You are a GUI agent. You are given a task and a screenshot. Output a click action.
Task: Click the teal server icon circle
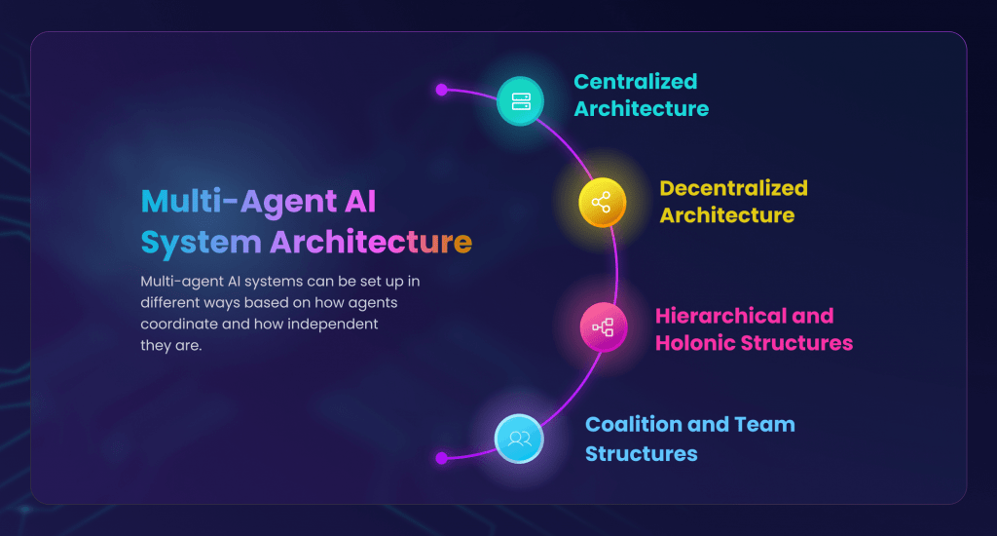click(x=521, y=101)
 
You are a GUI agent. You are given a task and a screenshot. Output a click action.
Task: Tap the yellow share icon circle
click(x=601, y=203)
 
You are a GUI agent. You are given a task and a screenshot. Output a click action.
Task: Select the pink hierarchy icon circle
click(x=603, y=327)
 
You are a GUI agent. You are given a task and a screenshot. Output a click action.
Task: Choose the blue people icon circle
click(x=519, y=438)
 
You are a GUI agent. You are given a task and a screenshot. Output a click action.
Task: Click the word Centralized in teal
click(x=636, y=82)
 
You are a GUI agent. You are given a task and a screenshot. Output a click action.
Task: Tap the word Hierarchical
click(x=716, y=316)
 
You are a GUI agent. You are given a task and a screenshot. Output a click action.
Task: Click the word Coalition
click(x=634, y=425)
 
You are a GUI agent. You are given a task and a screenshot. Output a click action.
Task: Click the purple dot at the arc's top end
click(x=441, y=90)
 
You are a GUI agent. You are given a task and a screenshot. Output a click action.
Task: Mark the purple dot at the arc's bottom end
click(x=441, y=457)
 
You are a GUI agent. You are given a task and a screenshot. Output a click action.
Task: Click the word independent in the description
click(x=328, y=324)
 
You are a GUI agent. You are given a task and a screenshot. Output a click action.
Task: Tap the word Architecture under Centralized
click(x=642, y=109)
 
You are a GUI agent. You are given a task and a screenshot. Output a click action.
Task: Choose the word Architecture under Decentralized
click(x=727, y=215)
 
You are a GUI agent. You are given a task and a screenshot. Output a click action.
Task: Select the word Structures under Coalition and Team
click(x=642, y=453)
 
